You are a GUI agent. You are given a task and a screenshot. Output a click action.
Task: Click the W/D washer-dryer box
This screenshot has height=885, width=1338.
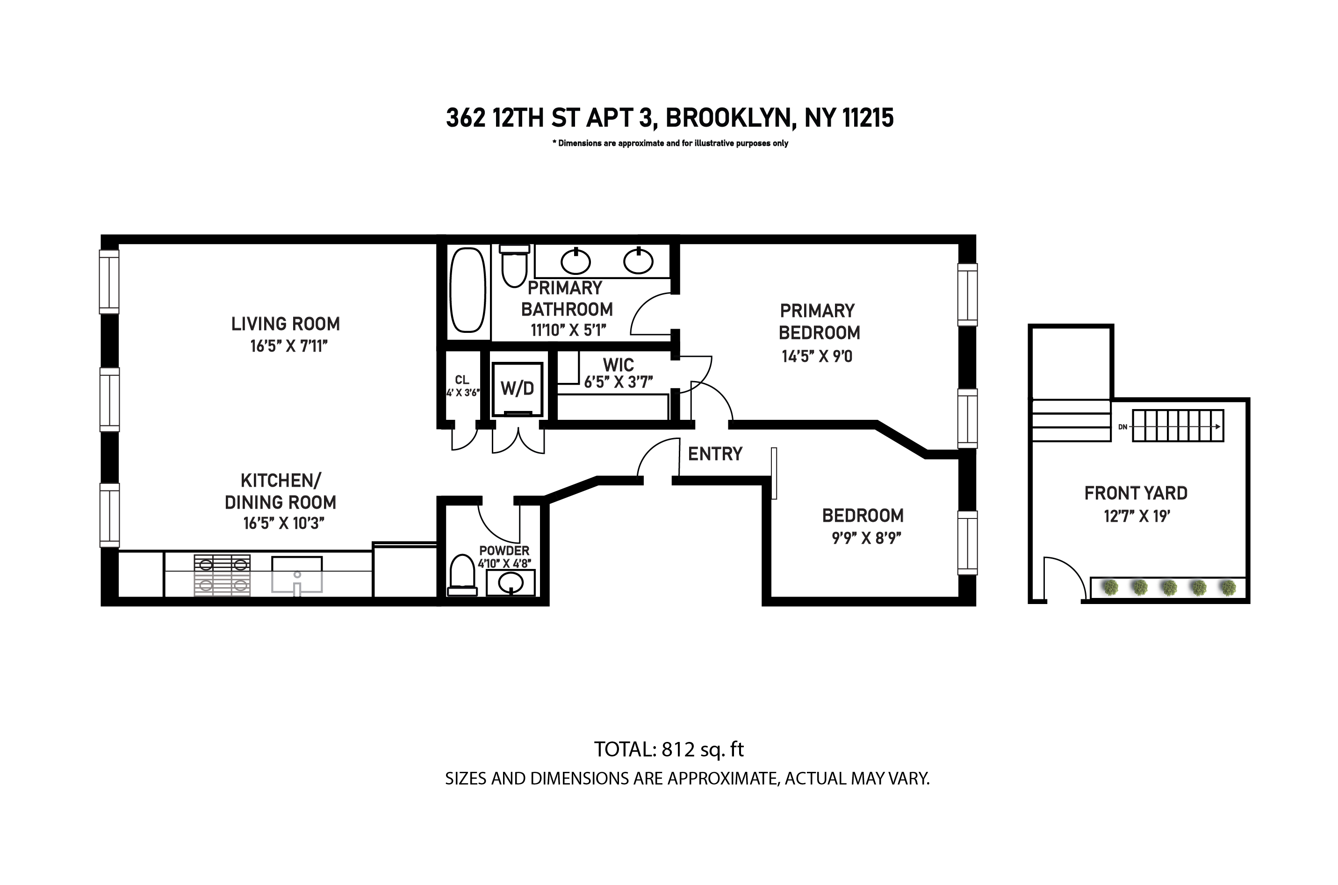click(x=517, y=389)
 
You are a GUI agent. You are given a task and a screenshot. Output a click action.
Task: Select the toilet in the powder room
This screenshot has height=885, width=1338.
click(x=462, y=575)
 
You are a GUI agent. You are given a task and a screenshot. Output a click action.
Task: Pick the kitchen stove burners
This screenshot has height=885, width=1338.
click(x=223, y=575)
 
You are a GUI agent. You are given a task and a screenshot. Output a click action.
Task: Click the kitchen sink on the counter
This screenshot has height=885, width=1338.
click(x=297, y=575)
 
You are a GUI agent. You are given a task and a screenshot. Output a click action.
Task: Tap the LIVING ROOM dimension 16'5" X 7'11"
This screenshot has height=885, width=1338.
click(x=288, y=346)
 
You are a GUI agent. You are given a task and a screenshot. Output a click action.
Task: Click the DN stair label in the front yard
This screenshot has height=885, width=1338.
click(x=1122, y=427)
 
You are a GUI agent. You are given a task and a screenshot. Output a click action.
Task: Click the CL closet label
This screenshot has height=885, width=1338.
click(x=461, y=380)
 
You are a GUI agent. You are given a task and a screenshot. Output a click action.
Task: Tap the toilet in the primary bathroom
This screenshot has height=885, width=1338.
click(x=514, y=267)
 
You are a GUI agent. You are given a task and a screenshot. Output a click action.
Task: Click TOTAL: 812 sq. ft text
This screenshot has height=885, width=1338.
click(x=669, y=749)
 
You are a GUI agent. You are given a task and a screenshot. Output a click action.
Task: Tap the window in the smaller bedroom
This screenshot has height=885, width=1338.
click(x=967, y=542)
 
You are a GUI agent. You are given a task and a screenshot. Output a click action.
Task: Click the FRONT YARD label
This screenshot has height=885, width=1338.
click(x=1136, y=493)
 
